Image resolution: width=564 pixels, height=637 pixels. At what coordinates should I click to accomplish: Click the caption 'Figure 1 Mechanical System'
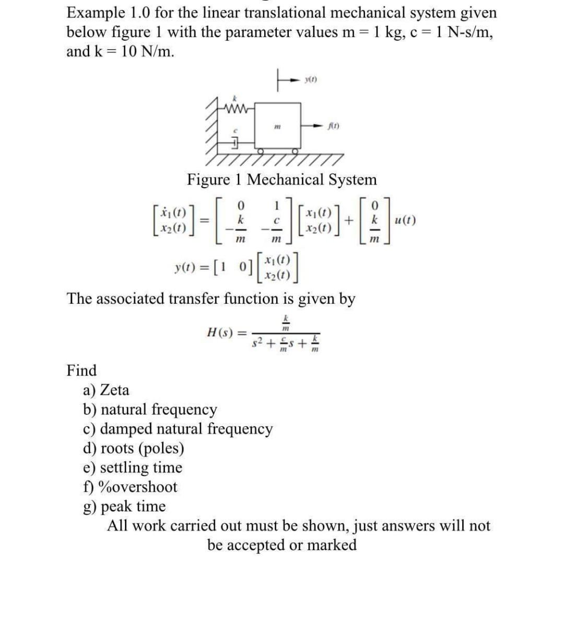coord(282,179)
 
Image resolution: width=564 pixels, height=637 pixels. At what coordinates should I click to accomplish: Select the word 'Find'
coord(82,370)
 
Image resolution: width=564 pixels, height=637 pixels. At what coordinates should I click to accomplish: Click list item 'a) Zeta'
coord(107,390)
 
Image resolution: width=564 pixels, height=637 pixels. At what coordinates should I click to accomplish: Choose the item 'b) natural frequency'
coord(150,409)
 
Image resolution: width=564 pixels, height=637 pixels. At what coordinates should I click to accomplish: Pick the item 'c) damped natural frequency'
coord(178,428)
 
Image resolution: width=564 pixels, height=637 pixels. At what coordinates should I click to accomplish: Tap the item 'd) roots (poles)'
coord(134,448)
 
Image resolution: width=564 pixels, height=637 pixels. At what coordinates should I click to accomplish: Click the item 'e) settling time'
coord(133,467)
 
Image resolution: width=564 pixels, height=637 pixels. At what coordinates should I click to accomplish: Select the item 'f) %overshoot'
coord(131,486)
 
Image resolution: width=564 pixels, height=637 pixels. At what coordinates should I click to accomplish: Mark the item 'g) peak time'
coord(125,506)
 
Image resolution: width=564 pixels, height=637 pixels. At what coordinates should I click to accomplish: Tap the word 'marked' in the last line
coord(332,544)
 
